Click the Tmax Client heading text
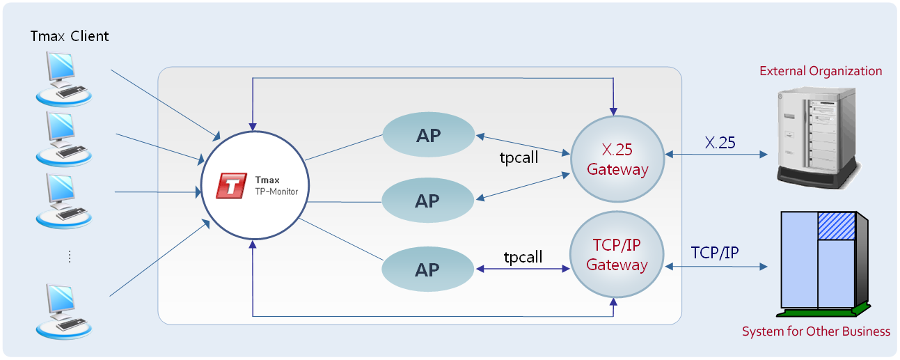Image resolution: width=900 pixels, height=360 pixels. (70, 36)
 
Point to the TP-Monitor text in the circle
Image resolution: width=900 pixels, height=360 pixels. (276, 191)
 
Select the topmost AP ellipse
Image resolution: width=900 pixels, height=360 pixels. (428, 135)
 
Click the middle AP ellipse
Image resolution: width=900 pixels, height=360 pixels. (427, 201)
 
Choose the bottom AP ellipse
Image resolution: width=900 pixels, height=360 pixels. (427, 270)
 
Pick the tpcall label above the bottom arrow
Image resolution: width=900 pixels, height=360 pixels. (523, 257)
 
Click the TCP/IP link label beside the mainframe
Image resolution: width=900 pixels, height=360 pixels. (715, 253)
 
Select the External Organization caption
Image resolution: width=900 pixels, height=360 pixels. (821, 71)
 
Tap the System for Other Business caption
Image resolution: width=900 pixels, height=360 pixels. (816, 331)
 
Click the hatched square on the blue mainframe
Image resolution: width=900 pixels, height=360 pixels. (836, 226)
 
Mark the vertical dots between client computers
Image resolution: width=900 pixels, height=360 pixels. (70, 256)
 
